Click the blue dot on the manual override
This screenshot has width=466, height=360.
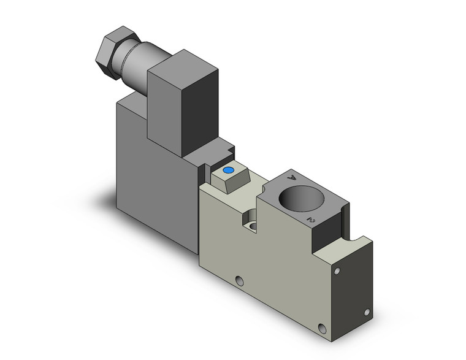coord(228,170)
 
